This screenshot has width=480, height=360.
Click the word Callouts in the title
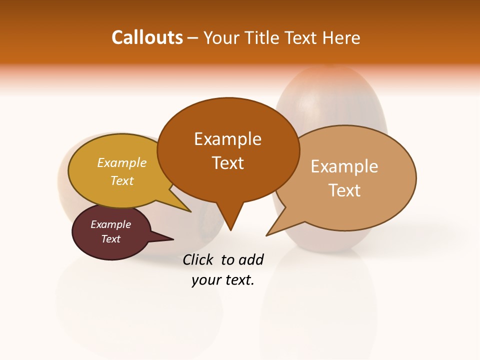click(x=147, y=37)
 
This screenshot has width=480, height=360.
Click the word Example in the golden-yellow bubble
click(x=122, y=162)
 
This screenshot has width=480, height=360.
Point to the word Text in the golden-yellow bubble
click(x=122, y=180)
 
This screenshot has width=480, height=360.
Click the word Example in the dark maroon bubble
click(x=111, y=224)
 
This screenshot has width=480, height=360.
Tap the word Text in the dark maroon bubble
click(x=111, y=239)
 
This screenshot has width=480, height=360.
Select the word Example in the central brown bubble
click(x=227, y=139)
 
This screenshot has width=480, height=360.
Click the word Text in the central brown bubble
click(x=227, y=163)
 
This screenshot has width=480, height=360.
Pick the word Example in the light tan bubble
click(x=344, y=166)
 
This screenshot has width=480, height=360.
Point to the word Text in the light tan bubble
click(x=344, y=190)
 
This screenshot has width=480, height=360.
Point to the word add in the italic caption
click(x=250, y=259)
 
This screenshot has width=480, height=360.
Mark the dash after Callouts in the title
click(x=193, y=38)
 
